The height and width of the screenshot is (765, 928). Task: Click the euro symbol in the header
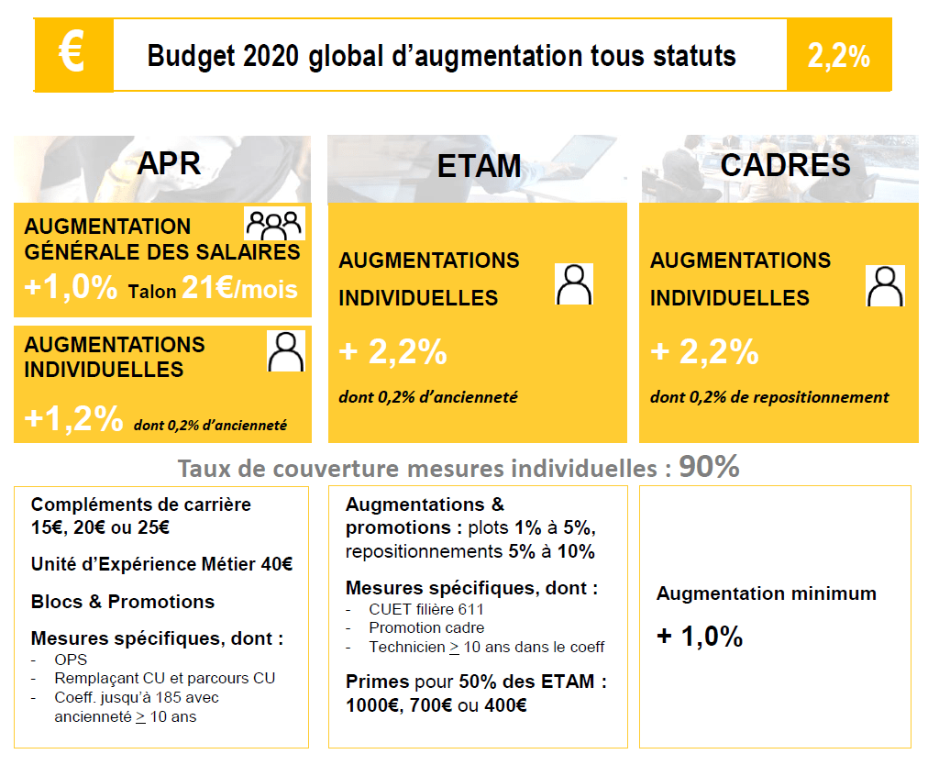coord(72,53)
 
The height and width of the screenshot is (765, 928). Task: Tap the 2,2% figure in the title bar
coord(838,56)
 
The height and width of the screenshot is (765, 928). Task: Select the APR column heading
coord(169,163)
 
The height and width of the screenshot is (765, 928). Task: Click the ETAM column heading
coord(479,166)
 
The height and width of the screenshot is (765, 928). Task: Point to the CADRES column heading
coord(785,165)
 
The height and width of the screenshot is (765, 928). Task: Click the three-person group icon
coord(274,224)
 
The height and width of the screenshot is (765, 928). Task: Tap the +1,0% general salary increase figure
coord(71,288)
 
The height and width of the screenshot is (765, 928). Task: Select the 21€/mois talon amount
coord(239,289)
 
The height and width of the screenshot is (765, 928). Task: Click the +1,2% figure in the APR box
coord(73,419)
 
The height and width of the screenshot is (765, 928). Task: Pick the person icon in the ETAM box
coord(574,284)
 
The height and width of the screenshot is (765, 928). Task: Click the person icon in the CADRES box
coord(885,285)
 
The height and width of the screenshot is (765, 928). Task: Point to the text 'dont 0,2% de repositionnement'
coord(769,397)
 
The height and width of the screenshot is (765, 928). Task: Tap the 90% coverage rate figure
coord(709,467)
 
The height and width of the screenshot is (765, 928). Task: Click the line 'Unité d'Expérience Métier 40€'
coord(161,564)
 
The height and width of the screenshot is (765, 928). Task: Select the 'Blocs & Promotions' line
coord(123,602)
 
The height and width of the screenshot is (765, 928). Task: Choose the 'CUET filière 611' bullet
coord(426,609)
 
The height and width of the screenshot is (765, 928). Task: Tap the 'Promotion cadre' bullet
coord(426,627)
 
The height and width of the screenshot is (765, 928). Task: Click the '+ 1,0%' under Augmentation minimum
coord(700,637)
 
